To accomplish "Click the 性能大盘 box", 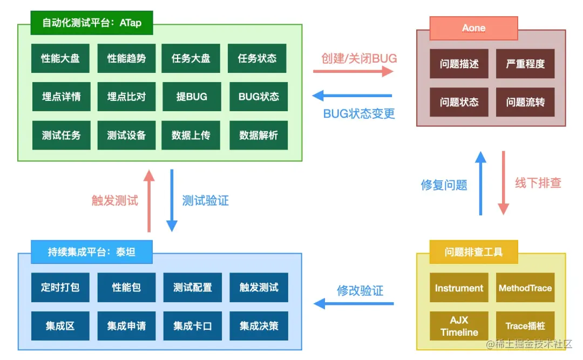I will pyautogui.click(x=60, y=58).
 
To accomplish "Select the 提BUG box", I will pyautogui.click(x=191, y=97).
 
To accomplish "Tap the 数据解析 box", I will pyautogui.click(x=259, y=135).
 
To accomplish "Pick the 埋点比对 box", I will pyautogui.click(x=126, y=97).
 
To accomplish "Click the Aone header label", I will pyautogui.click(x=473, y=28).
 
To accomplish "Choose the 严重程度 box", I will pyautogui.click(x=525, y=64).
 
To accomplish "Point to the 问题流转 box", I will pyautogui.click(x=525, y=102).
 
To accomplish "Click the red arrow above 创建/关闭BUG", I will pyautogui.click(x=354, y=71).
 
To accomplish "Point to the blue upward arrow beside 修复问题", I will pyautogui.click(x=480, y=184).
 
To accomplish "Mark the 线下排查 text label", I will pyautogui.click(x=538, y=183).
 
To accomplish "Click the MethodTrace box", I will pyautogui.click(x=525, y=288).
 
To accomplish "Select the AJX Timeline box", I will pyautogui.click(x=459, y=326).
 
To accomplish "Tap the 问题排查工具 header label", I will pyautogui.click(x=473, y=252).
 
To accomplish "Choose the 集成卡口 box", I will pyautogui.click(x=193, y=326).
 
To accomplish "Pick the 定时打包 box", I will pyautogui.click(x=60, y=287).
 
